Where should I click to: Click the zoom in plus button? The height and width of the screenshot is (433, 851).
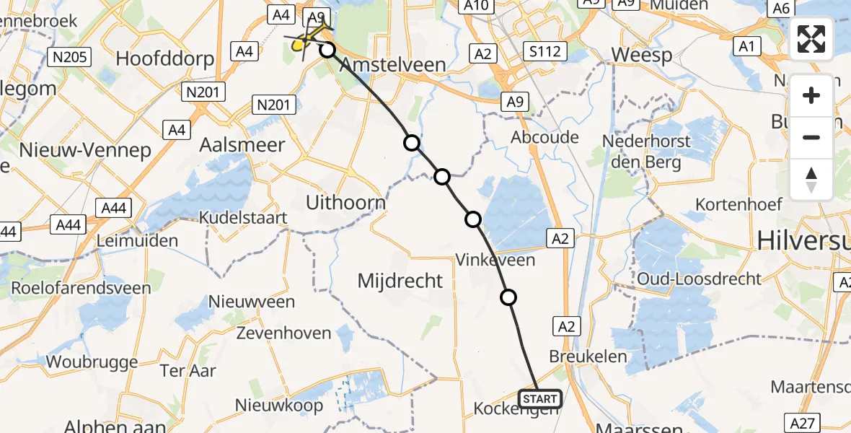click(811, 95)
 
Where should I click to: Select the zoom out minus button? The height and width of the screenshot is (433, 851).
click(811, 137)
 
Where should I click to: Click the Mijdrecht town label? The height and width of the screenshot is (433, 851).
click(400, 281)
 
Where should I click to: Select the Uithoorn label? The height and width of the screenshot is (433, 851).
click(345, 203)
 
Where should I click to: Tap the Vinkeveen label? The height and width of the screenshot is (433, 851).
click(495, 260)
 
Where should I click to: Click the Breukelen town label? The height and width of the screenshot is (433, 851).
click(585, 357)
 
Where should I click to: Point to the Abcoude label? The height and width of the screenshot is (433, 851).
click(544, 137)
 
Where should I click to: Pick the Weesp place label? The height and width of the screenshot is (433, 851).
click(642, 55)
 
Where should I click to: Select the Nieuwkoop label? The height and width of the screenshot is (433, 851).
click(279, 405)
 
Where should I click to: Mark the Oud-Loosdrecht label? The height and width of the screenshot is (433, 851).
click(699, 279)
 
